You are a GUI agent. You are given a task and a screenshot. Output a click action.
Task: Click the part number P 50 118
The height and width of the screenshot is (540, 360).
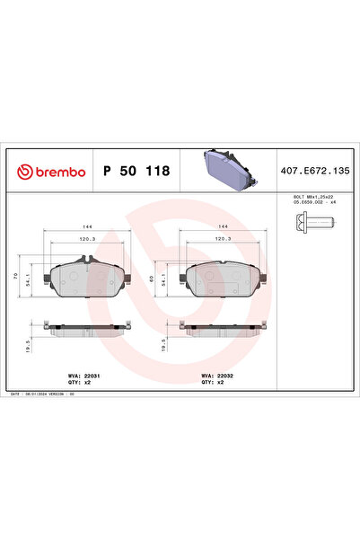tap(135, 171)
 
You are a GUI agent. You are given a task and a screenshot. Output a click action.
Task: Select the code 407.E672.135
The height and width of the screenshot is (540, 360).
tap(315, 171)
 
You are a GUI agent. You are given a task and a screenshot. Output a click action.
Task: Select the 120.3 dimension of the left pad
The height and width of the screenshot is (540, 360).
tap(88, 241)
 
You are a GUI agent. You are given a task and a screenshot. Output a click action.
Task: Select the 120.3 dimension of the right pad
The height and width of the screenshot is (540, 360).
tap(222, 241)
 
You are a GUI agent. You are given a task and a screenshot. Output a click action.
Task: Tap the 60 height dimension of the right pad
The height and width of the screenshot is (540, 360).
tap(158, 280)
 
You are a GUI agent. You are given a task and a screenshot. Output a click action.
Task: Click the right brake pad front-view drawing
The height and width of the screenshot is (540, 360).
tap(221, 281)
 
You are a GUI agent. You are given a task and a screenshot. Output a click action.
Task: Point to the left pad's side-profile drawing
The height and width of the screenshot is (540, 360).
tap(87, 330)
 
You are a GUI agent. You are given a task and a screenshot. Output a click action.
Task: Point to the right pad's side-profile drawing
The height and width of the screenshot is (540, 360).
tap(221, 330)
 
